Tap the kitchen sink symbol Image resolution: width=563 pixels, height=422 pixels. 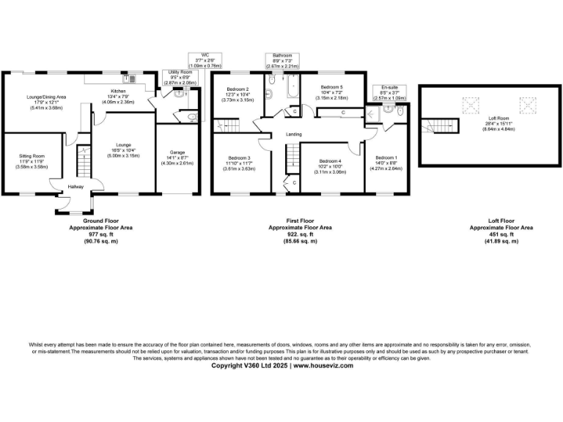pyautogui.click(x=131, y=78)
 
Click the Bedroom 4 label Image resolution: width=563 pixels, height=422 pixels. pyautogui.click(x=331, y=160)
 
